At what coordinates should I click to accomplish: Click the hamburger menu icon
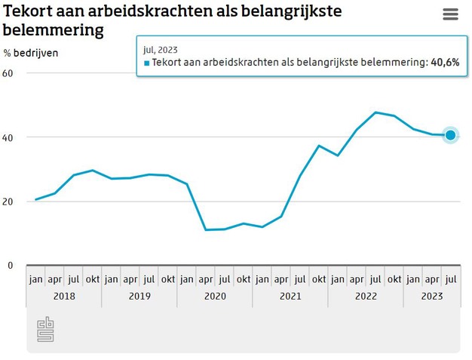[450, 15]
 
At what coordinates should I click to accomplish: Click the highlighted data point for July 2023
[450, 135]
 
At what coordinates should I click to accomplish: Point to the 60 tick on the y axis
[8, 73]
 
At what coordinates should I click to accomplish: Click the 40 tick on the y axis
[8, 137]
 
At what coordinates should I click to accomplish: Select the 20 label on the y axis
[8, 202]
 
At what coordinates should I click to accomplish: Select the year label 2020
[214, 297]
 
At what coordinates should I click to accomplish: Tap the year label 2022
[365, 297]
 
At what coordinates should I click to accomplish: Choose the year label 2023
[431, 297]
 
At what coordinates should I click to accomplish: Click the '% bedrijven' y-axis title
[30, 53]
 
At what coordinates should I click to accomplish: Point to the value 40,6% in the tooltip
[443, 63]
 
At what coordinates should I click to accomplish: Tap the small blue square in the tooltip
[147, 63]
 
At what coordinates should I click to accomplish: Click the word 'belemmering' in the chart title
[53, 30]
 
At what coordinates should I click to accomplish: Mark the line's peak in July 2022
[375, 112]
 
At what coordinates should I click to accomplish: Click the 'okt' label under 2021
[318, 278]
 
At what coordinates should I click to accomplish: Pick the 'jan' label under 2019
[111, 278]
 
